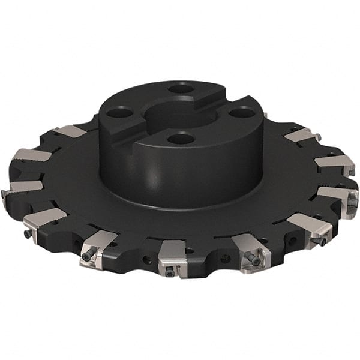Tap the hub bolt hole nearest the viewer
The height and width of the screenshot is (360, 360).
click(x=181, y=139)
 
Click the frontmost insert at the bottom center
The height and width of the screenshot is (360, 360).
click(x=174, y=257)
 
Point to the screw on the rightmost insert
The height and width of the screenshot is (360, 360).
click(x=352, y=203)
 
